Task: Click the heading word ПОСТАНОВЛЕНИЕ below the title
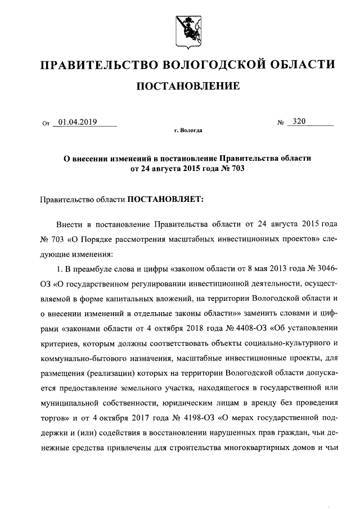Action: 188,86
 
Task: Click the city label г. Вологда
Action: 188,130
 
